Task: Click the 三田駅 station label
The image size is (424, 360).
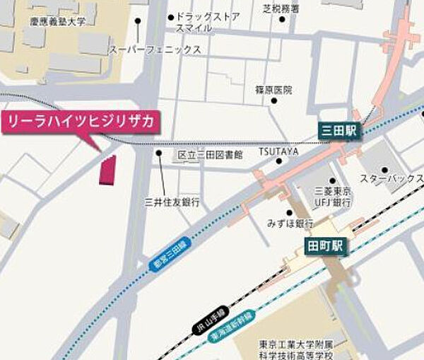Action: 339,131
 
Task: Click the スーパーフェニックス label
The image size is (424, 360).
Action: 155,50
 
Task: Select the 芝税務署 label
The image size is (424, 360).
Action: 281,8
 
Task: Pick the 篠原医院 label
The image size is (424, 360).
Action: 273,91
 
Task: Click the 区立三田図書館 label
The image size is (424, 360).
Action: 210,153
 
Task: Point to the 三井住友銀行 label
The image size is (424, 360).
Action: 172,202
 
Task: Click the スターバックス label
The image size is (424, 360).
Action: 388,179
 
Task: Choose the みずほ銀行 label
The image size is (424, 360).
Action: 290,223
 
